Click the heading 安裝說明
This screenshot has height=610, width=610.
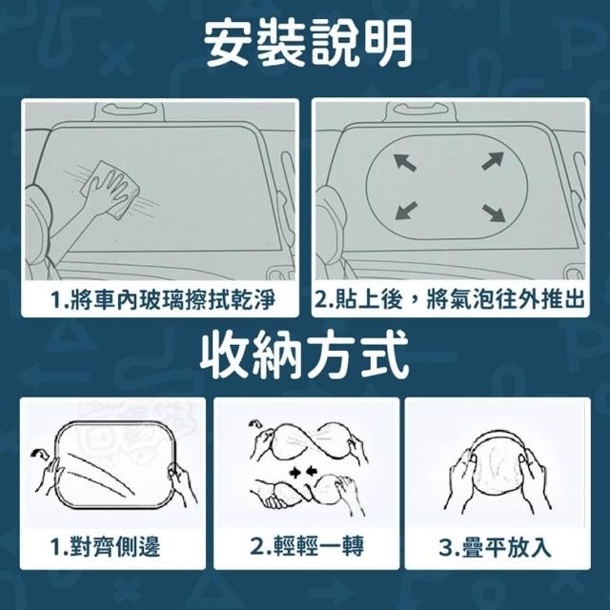[308, 44]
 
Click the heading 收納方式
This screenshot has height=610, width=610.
[305, 356]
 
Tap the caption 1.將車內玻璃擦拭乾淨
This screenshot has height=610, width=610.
[163, 300]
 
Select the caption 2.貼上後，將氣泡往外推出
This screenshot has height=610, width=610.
[450, 299]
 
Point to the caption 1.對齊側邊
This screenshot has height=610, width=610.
[105, 546]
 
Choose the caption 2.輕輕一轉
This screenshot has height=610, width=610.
[307, 546]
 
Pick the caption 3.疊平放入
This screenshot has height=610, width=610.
[495, 547]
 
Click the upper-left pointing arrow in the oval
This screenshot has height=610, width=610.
[405, 162]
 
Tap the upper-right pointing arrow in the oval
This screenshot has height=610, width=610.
[493, 161]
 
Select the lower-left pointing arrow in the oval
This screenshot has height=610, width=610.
[406, 211]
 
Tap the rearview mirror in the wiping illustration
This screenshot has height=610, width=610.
[130, 110]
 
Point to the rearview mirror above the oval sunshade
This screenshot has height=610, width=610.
[421, 110]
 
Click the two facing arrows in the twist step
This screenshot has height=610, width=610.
[303, 473]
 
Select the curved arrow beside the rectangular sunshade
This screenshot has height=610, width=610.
[39, 453]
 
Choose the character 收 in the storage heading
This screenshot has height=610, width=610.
[225, 356]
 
